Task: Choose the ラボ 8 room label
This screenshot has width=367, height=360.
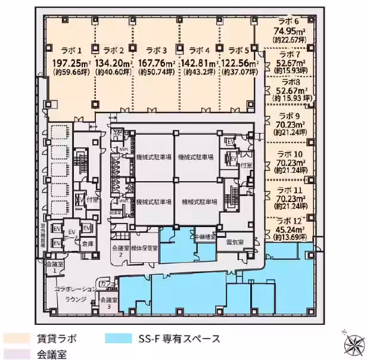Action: (x=290, y=82)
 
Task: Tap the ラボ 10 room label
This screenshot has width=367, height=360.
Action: (x=290, y=153)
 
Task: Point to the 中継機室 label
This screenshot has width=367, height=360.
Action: (x=204, y=237)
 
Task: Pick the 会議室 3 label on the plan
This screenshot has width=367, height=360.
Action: (x=108, y=302)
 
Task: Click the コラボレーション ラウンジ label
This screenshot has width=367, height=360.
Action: (x=74, y=293)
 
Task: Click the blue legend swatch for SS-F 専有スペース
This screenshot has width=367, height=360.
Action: (x=118, y=339)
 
